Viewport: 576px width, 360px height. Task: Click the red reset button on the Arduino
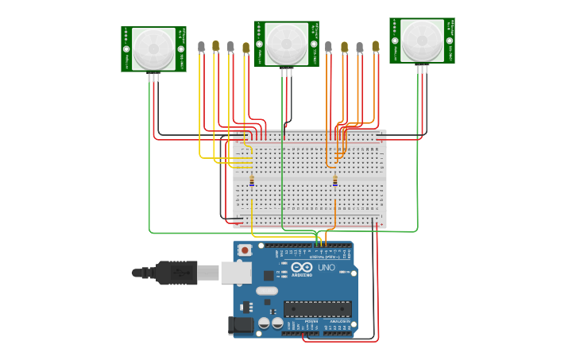tap(245, 250)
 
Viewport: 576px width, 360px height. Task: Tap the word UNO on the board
tap(327, 268)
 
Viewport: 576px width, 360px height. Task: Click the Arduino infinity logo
tap(301, 267)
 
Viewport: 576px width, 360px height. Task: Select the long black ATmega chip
tap(318, 309)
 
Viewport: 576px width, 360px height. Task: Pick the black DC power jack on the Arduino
tap(239, 326)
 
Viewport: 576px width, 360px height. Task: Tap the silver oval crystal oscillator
tap(267, 291)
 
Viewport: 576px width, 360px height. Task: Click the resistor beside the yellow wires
tap(252, 181)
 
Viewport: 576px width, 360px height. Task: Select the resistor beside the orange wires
tap(334, 181)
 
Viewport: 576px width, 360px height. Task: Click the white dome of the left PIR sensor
tap(153, 48)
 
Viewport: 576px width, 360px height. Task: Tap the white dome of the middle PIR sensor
tap(286, 44)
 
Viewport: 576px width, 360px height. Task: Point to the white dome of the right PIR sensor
tap(422, 41)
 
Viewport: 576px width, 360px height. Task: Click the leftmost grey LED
tap(202, 47)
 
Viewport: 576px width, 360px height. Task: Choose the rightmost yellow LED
tap(375, 47)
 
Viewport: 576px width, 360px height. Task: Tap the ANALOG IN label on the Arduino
tap(340, 321)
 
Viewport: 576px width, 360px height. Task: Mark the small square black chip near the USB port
tap(268, 276)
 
